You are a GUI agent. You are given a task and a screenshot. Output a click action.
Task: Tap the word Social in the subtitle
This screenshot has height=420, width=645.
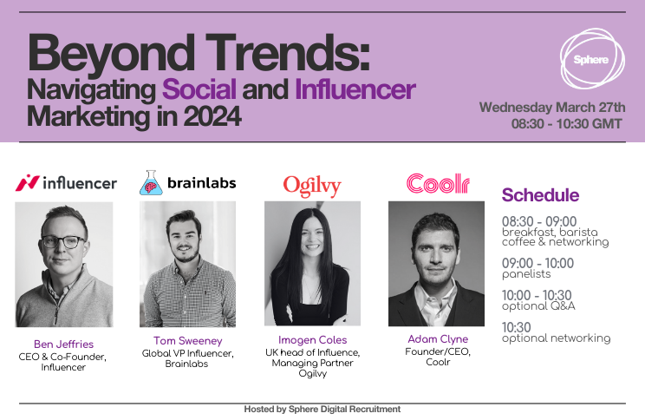[199, 89]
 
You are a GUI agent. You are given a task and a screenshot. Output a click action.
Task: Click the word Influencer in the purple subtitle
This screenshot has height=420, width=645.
[355, 89]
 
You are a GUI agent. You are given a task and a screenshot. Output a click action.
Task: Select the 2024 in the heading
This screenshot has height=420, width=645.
[212, 116]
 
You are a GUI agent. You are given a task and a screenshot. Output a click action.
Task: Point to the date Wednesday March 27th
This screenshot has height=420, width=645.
[552, 108]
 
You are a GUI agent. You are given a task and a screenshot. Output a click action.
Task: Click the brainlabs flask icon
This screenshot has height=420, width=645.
[151, 182]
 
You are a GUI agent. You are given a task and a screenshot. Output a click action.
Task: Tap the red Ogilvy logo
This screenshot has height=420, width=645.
[312, 186]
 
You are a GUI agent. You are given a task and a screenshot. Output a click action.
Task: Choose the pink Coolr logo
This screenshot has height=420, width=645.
[438, 184]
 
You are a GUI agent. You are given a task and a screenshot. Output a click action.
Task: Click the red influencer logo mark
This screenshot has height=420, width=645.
[27, 183]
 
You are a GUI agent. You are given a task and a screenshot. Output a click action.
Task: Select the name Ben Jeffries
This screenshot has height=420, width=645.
[64, 345]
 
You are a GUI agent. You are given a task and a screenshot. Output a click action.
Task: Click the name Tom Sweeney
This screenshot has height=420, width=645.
[188, 341]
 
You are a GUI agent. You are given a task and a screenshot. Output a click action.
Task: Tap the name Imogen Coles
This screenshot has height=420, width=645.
[313, 340]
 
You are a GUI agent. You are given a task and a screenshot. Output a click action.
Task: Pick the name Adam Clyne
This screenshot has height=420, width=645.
[438, 339]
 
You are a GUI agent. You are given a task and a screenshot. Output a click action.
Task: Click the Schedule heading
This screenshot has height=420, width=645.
[540, 195]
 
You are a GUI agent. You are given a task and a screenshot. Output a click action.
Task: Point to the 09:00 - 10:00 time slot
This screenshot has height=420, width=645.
[537, 263]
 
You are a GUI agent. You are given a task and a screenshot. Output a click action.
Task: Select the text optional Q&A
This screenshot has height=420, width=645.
[538, 306]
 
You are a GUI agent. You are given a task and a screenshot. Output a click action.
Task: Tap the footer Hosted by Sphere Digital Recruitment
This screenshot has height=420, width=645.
[322, 410]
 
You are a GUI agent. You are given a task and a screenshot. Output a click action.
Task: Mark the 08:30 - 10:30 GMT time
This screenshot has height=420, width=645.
[566, 124]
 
